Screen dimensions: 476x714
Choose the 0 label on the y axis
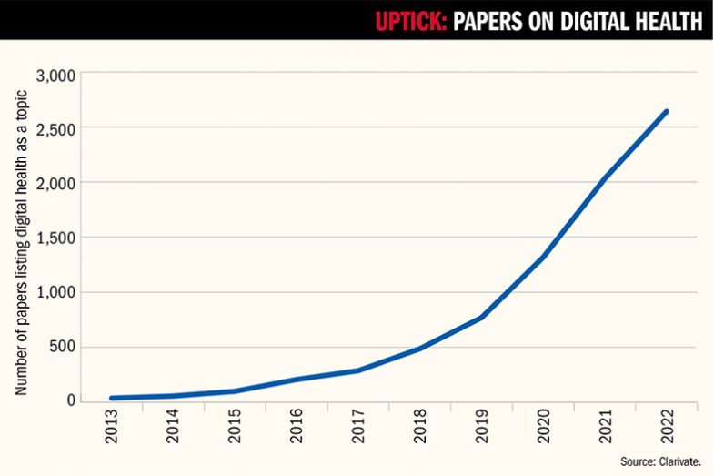pos(71,401)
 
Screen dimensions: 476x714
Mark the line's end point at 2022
pos(666,112)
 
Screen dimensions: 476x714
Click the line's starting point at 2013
pos(112,398)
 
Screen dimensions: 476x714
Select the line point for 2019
pos(480,317)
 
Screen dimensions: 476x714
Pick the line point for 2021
pos(604,178)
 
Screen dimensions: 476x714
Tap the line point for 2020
pos(542,257)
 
